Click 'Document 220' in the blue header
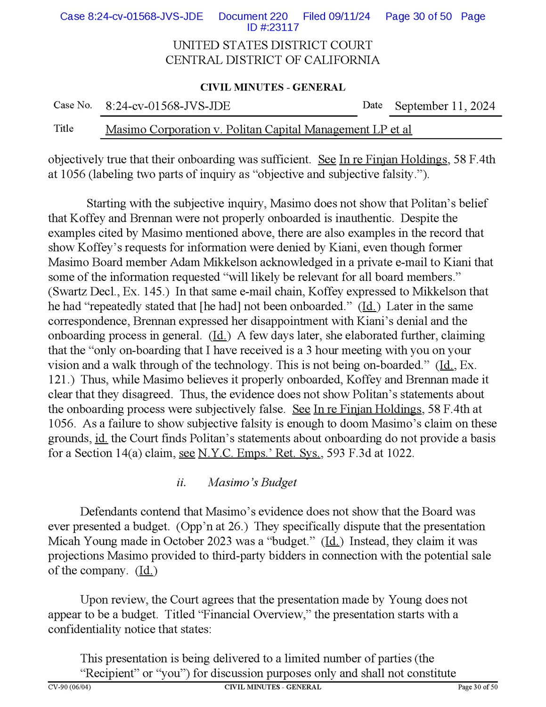tap(253, 16)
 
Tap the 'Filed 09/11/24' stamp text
tap(336, 16)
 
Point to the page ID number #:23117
tap(273, 27)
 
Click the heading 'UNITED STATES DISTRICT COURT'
tap(272, 45)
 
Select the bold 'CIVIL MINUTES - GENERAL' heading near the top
tap(272, 87)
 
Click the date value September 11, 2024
tap(445, 106)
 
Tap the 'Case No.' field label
tap(73, 105)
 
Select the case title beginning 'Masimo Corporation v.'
tap(258, 130)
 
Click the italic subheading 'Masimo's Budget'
tap(252, 482)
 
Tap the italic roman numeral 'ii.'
tap(181, 482)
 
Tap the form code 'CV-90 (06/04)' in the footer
tap(69, 687)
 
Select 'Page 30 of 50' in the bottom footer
tap(477, 687)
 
